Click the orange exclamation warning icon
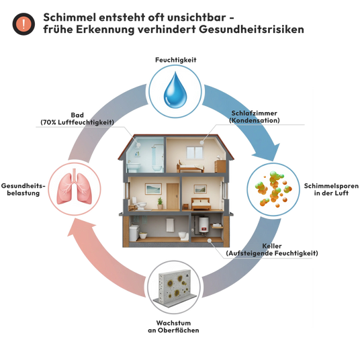(24, 24)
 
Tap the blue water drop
(175, 90)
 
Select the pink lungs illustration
(75, 187)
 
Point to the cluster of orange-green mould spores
(273, 189)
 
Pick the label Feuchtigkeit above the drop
(176, 60)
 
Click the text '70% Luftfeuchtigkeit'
(77, 122)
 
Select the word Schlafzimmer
(254, 114)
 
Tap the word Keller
(272, 246)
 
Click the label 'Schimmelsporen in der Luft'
(331, 189)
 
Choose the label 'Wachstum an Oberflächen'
(173, 326)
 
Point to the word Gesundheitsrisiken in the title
(251, 30)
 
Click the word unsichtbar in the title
(192, 17)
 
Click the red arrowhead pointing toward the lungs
(79, 228)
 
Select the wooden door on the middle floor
(173, 196)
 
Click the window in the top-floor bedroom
(195, 152)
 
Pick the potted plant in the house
(160, 204)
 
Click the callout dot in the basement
(210, 240)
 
